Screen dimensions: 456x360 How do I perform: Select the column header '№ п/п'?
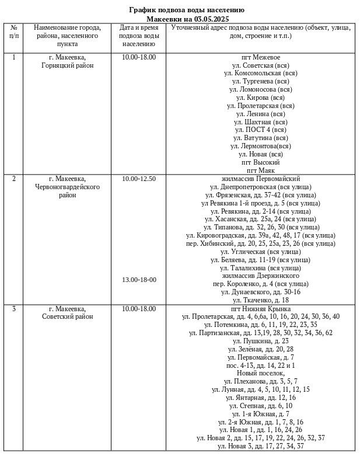click(x=13, y=32)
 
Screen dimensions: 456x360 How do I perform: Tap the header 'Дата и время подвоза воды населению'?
click(x=138, y=35)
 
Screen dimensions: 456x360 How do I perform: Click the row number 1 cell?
click(x=13, y=57)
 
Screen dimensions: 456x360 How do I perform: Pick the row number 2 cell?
click(x=13, y=179)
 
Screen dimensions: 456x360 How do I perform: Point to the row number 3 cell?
click(x=13, y=308)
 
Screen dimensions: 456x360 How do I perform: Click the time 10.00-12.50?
click(x=139, y=179)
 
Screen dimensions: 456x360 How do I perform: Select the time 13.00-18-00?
click(x=139, y=280)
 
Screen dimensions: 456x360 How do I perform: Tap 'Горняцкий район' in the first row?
click(x=68, y=65)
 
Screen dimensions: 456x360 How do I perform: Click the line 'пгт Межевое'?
click(x=260, y=57)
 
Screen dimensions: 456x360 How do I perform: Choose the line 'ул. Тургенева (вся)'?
click(x=260, y=82)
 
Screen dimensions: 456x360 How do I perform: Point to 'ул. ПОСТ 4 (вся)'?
click(x=260, y=130)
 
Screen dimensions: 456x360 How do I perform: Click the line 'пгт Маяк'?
click(x=260, y=170)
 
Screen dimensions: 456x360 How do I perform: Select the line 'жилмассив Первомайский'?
click(x=260, y=179)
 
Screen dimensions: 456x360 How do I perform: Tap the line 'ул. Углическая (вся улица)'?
click(x=260, y=251)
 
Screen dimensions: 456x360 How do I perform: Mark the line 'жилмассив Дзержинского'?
click(x=260, y=275)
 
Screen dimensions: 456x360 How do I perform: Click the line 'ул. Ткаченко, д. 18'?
click(x=260, y=300)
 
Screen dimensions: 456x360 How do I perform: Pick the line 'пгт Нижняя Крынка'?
click(x=260, y=308)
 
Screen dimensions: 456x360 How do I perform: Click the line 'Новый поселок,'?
click(x=260, y=373)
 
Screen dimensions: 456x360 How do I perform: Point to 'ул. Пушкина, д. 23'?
click(x=260, y=340)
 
